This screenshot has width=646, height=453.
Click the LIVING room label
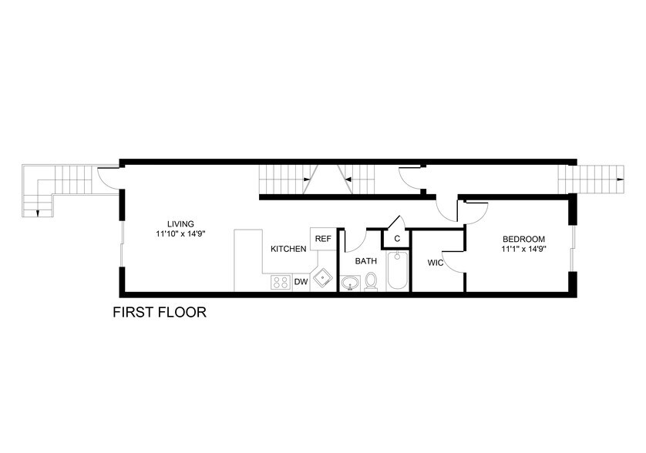point(183,223)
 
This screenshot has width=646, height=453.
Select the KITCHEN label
point(288,249)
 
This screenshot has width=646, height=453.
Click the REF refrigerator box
point(322,238)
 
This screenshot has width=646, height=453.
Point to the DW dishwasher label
point(301,282)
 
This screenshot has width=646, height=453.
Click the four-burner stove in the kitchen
point(280,283)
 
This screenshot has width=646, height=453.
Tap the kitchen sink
point(322,279)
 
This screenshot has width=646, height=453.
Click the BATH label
point(365,261)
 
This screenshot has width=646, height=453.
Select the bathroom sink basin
point(351,284)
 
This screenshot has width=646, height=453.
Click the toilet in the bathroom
point(372,283)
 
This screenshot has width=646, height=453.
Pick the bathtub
point(397,273)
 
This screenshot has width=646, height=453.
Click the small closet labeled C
point(397,239)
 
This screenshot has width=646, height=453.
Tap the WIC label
point(435,263)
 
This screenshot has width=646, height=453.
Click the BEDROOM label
point(523,239)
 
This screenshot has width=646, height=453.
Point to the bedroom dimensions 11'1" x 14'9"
point(523,249)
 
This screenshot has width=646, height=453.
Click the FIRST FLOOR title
point(160,313)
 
